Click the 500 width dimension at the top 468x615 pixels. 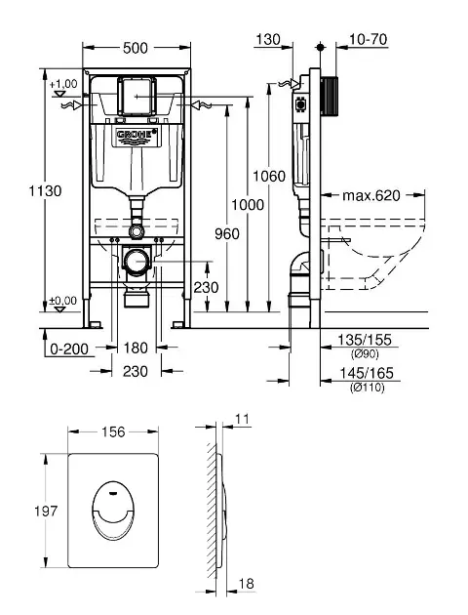pyautogui.click(x=136, y=48)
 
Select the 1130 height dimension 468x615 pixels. pyautogui.click(x=45, y=191)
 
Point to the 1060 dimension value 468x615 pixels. pyautogui.click(x=269, y=176)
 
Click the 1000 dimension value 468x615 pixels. pyautogui.click(x=248, y=205)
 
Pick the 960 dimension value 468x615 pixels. pyautogui.click(x=227, y=233)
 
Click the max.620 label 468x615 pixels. pyautogui.click(x=371, y=195)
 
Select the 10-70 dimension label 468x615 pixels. pyautogui.click(x=368, y=39)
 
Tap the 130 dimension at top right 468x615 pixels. pyautogui.click(x=268, y=39)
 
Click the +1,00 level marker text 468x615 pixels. pyautogui.click(x=63, y=84)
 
